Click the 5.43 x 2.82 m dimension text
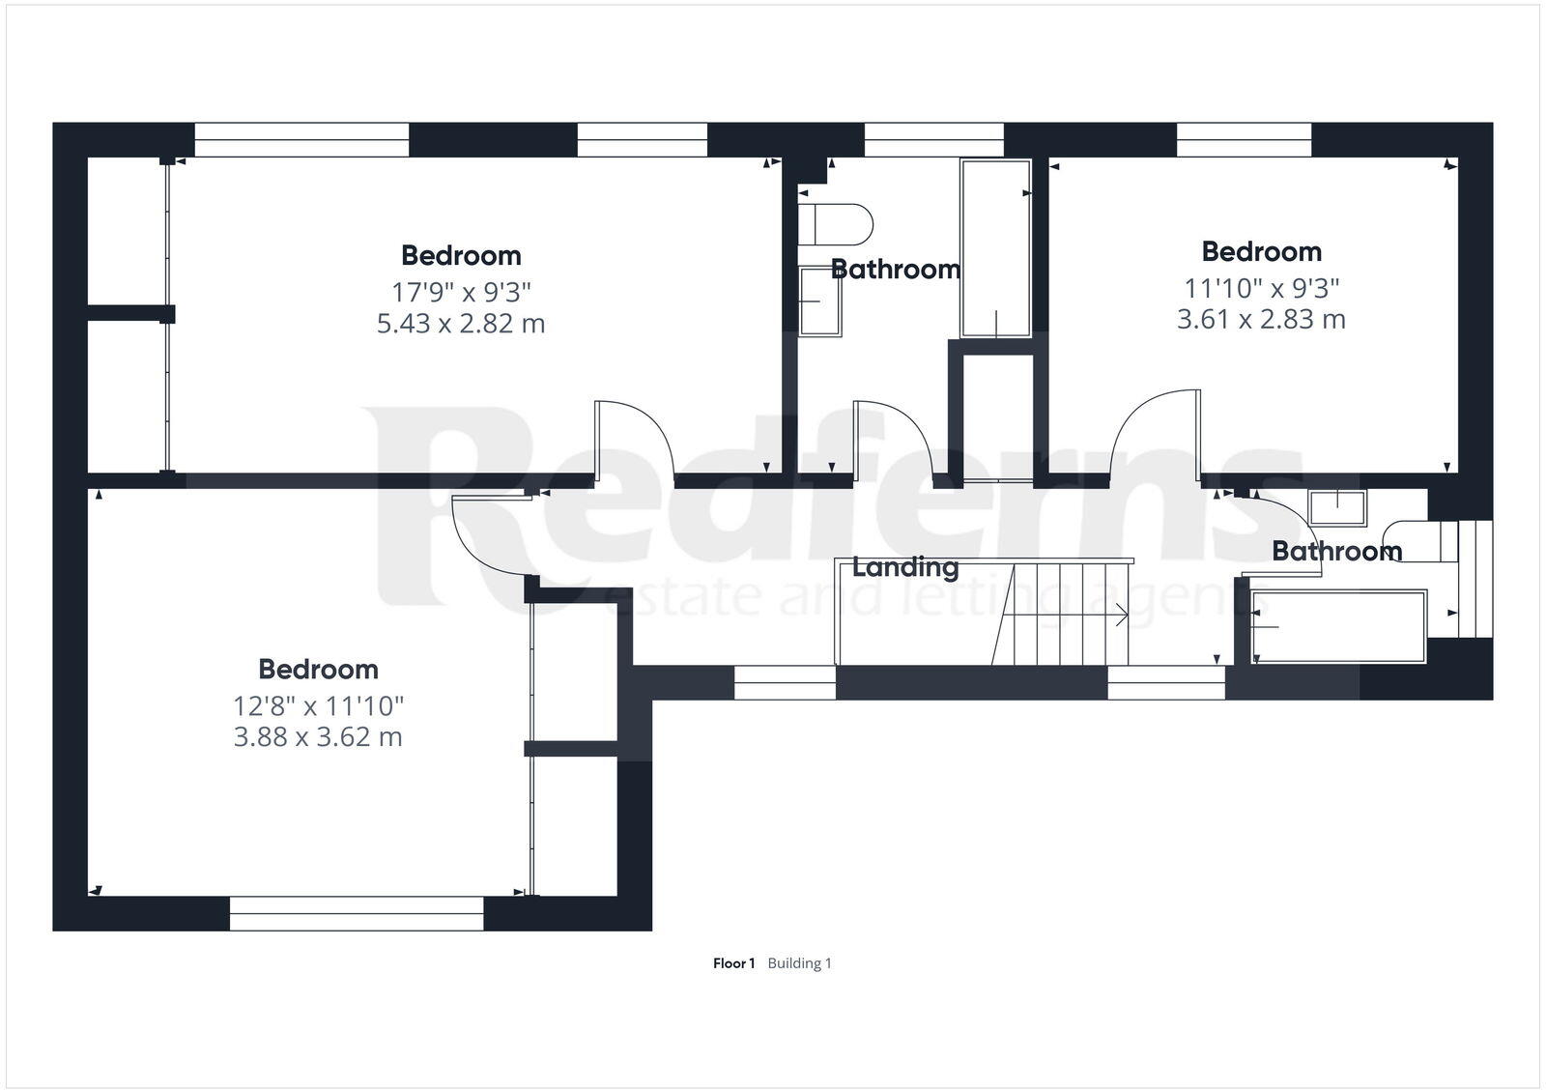click(x=461, y=323)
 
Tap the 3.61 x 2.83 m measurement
click(x=1261, y=319)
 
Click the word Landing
click(x=905, y=567)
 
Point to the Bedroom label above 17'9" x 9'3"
click(x=461, y=255)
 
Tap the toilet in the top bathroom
click(x=836, y=224)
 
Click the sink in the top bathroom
click(x=820, y=301)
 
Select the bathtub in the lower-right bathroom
click(x=1339, y=627)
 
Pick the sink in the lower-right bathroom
click(x=1338, y=507)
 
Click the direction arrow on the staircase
click(x=1121, y=615)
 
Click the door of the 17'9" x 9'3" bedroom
click(x=632, y=440)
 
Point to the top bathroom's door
click(x=891, y=440)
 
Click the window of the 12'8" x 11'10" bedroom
click(x=357, y=913)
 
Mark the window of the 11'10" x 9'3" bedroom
click(x=1244, y=140)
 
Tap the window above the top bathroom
click(x=933, y=140)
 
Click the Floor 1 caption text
click(x=733, y=963)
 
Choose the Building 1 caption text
click(x=799, y=963)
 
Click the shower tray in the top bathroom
click(x=995, y=248)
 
